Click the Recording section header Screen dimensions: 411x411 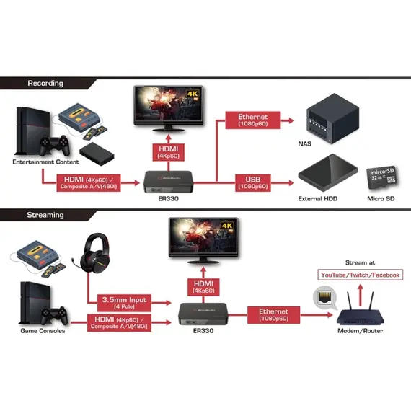[45, 84]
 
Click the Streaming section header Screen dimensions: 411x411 [45, 215]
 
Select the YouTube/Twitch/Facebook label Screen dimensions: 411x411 [360, 275]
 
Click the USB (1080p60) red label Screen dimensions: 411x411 [253, 182]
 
